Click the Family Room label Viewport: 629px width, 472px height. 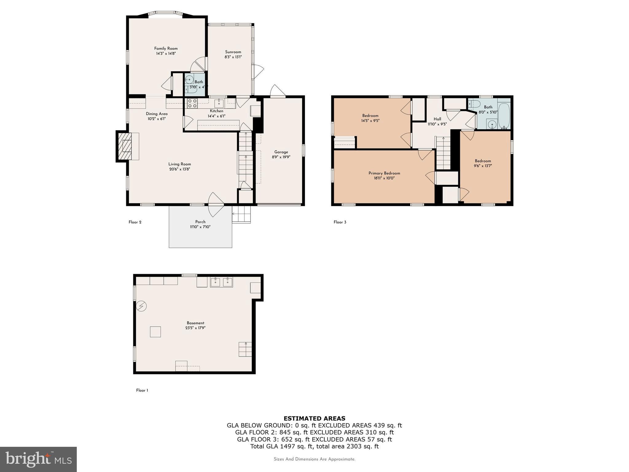166,48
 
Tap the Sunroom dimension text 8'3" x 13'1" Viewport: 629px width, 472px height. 233,57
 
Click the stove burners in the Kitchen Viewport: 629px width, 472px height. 192,103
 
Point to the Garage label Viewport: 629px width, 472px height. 281,152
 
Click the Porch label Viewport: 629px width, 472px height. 200,222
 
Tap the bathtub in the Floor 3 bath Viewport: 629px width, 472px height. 504,116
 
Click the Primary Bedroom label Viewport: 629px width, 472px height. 384,173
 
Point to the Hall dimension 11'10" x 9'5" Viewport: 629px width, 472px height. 437,124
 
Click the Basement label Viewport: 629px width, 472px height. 195,323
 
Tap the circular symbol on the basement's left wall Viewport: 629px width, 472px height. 142,306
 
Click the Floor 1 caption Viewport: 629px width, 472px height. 142,390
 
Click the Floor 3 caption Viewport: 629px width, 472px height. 340,222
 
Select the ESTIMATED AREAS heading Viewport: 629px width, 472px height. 314,418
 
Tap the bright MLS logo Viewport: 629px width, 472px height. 38,459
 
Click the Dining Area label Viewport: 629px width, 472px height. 157,114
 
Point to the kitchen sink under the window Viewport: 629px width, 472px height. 219,103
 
